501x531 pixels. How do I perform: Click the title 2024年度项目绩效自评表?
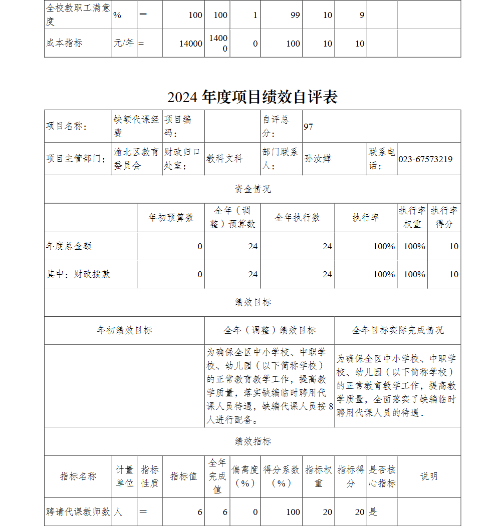[253, 97]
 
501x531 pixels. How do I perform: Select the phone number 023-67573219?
[425, 159]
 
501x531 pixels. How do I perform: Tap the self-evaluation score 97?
[308, 127]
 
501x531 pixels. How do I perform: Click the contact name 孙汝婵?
[318, 159]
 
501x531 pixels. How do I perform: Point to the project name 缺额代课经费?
[136, 126]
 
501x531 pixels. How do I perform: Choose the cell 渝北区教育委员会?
[136, 159]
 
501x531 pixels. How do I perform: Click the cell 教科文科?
[224, 159]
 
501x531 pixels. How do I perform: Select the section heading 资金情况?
[253, 189]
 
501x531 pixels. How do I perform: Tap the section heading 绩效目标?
[253, 302]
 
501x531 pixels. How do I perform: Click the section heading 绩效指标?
[253, 441]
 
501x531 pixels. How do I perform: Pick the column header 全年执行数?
[297, 218]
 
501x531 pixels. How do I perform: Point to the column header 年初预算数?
[171, 218]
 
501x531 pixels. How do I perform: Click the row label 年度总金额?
[69, 246]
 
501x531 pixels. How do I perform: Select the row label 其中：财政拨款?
[78, 274]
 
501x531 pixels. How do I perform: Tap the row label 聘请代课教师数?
[78, 512]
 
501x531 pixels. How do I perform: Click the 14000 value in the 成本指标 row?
[190, 44]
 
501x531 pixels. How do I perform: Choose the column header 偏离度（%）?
[245, 476]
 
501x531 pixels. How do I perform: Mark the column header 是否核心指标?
[382, 476]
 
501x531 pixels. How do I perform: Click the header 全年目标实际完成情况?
[397, 330]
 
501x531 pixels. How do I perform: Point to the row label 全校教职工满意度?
[78, 15]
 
